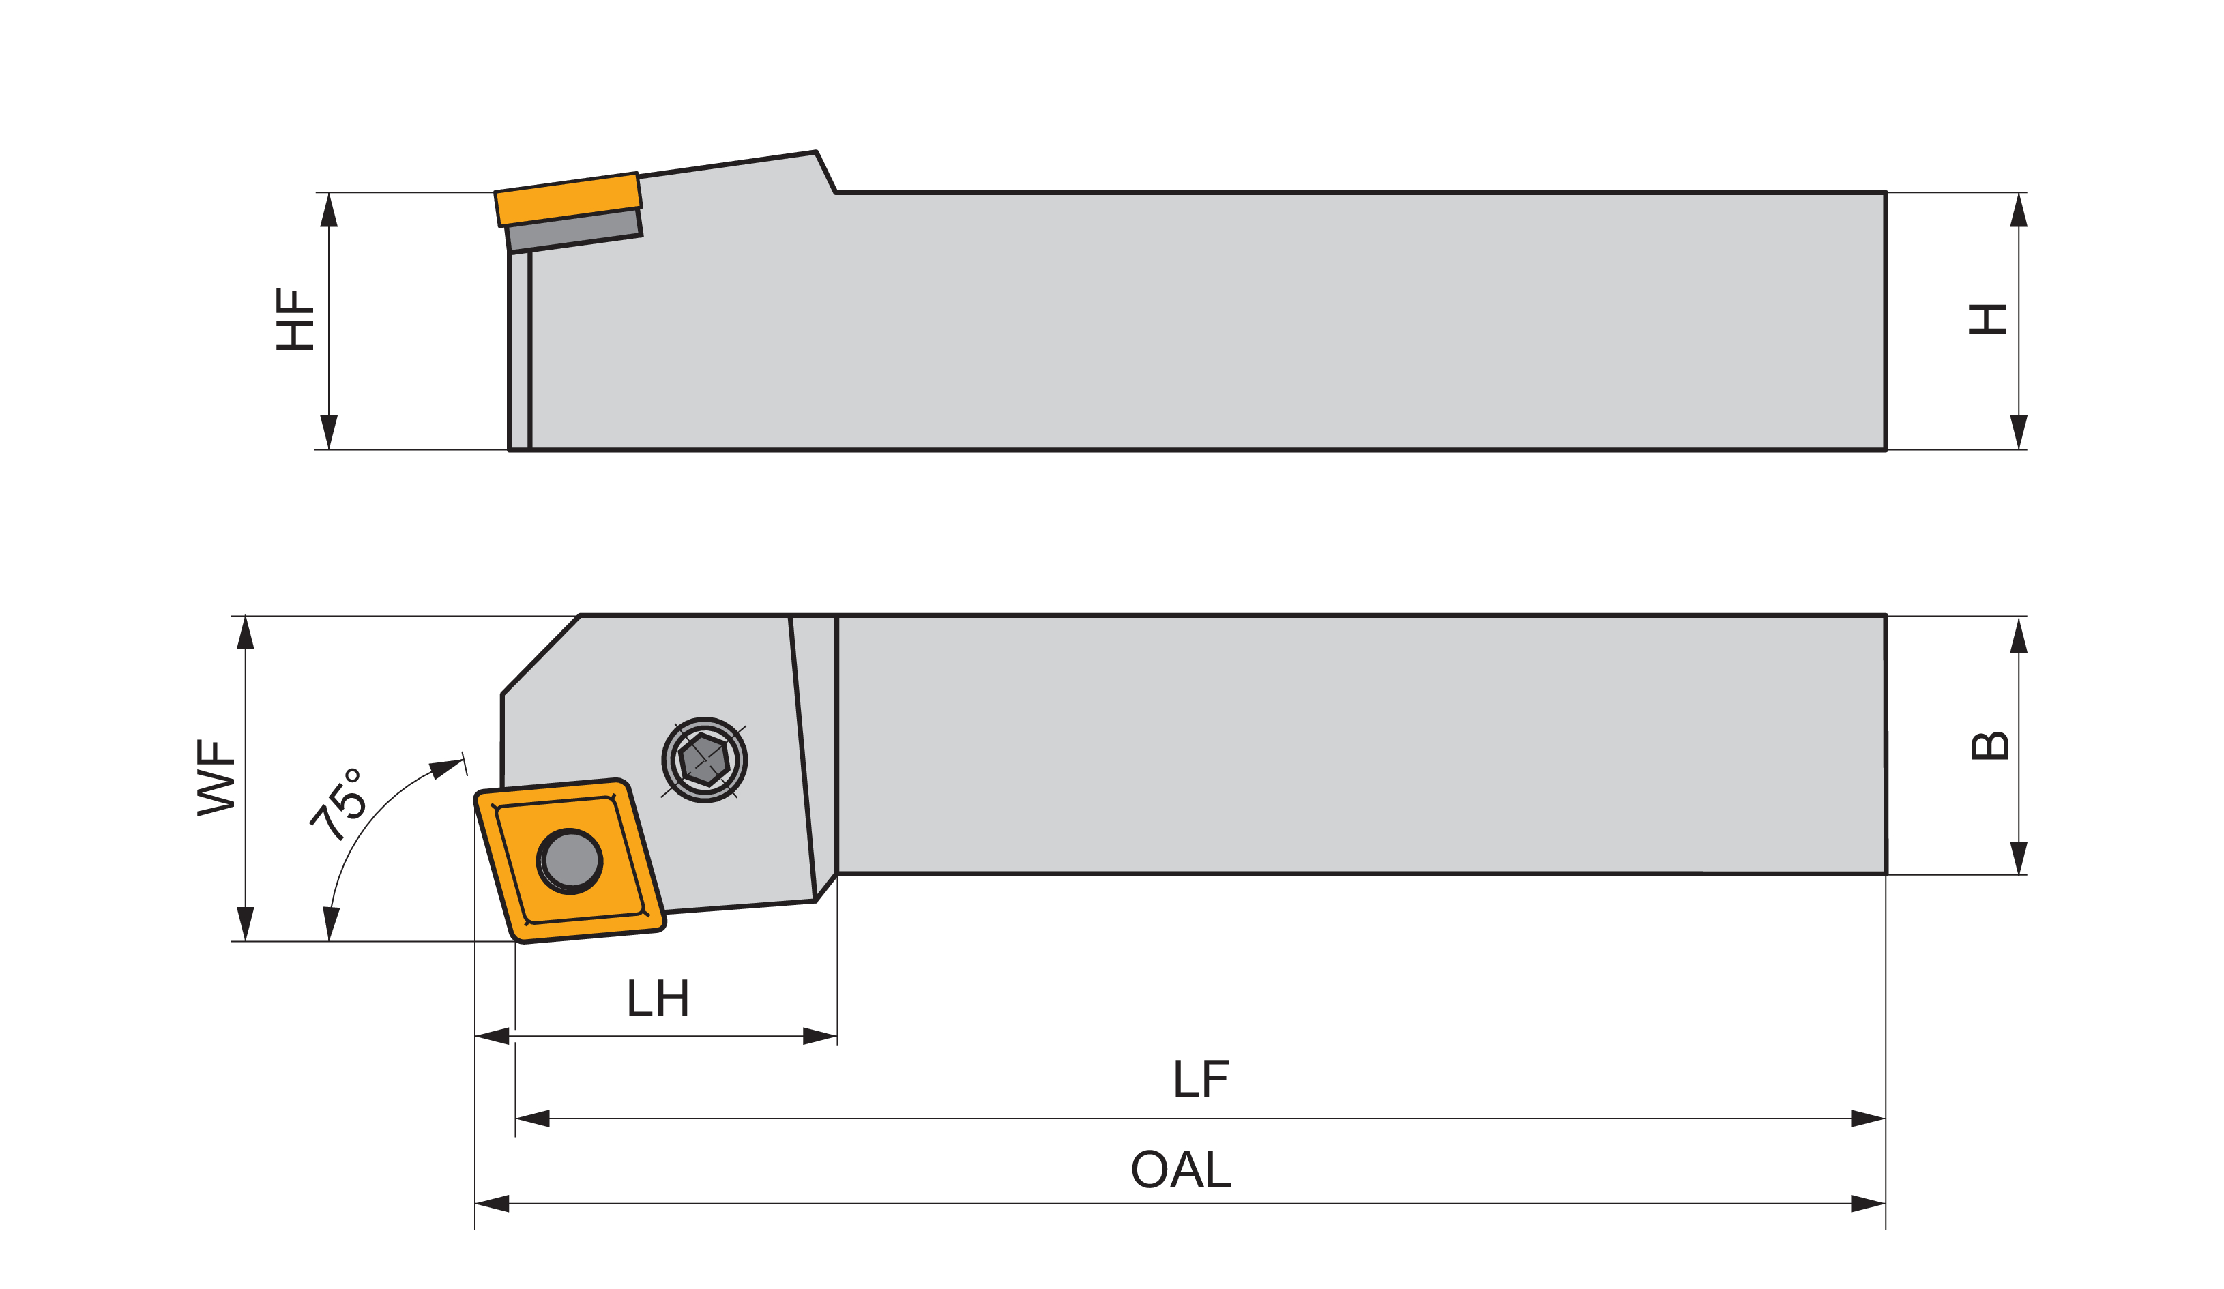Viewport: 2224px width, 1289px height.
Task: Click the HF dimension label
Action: (295, 319)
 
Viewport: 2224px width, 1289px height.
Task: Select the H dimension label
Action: (1987, 318)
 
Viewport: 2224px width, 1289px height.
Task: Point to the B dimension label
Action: (1989, 746)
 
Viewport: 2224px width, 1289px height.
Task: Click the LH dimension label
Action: (658, 998)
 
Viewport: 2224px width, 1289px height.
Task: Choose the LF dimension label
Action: (1201, 1078)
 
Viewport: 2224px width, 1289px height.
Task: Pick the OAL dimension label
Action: (1181, 1170)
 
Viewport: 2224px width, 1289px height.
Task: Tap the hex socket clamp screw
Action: (704, 760)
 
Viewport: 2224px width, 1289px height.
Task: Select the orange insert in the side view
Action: (568, 199)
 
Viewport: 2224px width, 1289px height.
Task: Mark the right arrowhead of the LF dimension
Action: (1867, 1118)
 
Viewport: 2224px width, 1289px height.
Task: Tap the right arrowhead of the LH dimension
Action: (819, 1036)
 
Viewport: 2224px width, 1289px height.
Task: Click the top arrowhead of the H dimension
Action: (2019, 210)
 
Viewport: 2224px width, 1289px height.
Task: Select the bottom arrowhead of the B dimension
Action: (2019, 857)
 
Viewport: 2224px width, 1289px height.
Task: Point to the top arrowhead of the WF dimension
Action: (246, 634)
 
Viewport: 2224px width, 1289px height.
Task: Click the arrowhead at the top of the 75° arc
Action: (445, 767)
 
